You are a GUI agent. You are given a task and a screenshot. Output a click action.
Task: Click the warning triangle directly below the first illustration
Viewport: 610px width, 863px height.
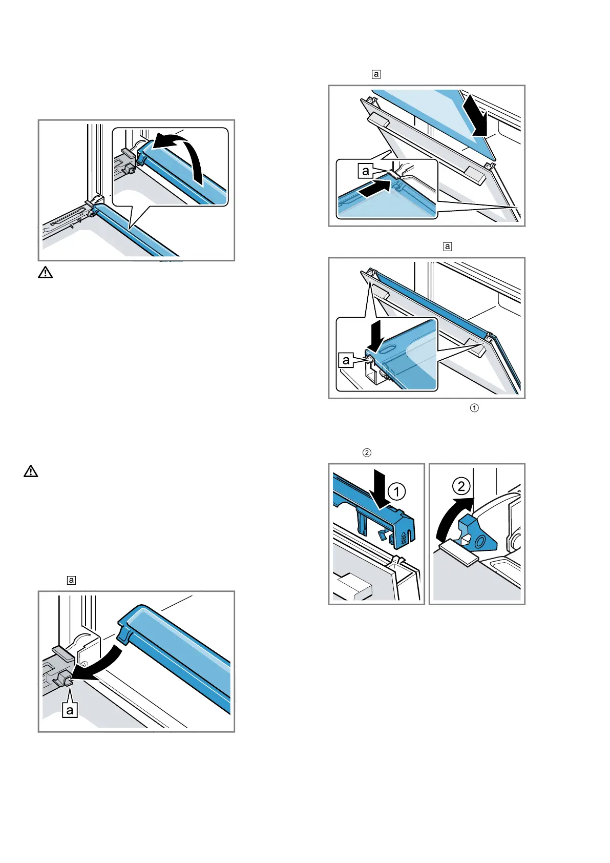tap(45, 273)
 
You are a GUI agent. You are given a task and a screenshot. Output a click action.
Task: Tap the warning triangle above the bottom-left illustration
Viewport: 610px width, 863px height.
tap(31, 471)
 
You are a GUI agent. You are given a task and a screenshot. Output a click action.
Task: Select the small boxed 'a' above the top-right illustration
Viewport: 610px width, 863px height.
tap(376, 74)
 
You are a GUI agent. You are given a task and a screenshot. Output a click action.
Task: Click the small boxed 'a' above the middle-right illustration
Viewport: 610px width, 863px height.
tap(448, 246)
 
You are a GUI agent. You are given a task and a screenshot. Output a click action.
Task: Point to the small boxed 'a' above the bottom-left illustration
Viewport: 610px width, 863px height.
tap(71, 580)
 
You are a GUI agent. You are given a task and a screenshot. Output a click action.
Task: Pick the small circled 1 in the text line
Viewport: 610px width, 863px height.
tap(474, 408)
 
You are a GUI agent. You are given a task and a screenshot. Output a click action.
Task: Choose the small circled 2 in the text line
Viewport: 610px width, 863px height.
tap(367, 453)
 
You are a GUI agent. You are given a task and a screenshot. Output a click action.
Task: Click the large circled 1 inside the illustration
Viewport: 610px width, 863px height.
tap(397, 492)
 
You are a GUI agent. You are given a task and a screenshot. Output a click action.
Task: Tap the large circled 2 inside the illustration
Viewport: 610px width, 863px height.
tap(461, 486)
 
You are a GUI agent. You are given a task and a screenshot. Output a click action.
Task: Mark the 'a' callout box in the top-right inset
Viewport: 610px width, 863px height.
tap(365, 171)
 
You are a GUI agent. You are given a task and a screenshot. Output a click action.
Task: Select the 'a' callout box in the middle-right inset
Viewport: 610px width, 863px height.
tap(346, 360)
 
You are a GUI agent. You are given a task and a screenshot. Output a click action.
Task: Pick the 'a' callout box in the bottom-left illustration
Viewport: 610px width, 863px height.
tap(70, 710)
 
